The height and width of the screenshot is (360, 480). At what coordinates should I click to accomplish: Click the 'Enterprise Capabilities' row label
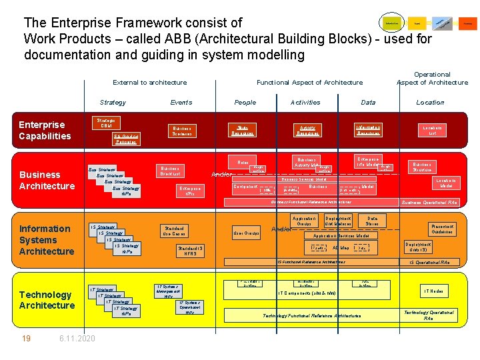pos(45,131)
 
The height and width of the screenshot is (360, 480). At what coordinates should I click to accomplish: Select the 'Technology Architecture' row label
pos(47,300)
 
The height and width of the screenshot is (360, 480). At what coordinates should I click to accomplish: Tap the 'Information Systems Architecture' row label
pos(47,240)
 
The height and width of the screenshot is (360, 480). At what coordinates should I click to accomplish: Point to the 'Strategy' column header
pos(113,103)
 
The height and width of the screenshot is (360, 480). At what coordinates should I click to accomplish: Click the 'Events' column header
pos(181,103)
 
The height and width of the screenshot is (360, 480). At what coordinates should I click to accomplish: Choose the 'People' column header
pos(245,103)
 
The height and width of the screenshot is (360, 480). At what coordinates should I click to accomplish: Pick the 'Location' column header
pos(430,103)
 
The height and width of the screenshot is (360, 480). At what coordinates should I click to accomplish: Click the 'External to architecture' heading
pos(150,83)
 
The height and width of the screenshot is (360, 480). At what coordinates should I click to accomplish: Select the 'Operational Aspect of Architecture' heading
pos(432,79)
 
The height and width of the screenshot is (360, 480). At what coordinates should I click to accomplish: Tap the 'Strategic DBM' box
pos(107,123)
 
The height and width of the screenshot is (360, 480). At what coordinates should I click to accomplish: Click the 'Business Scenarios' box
pos(181,131)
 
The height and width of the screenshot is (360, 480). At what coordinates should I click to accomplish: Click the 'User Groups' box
pos(247,233)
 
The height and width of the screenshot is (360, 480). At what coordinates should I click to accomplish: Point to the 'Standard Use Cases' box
pos(174,231)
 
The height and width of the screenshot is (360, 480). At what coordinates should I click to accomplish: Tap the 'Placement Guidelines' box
pos(443,229)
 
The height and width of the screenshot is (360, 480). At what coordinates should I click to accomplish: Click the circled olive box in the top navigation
pos(391,23)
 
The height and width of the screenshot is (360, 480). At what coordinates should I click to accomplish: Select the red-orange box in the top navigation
pos(468,23)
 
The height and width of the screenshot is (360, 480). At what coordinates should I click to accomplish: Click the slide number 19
pos(26,339)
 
